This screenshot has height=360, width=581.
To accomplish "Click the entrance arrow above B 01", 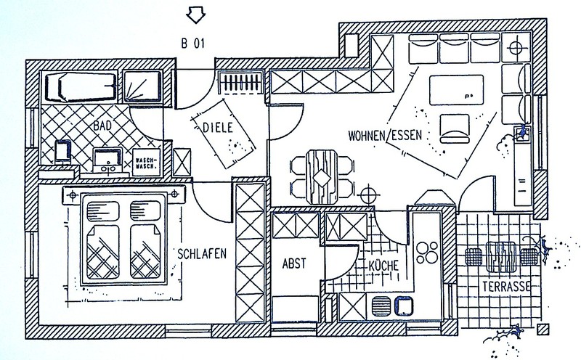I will [195, 14].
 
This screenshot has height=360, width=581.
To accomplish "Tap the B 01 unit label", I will [194, 42].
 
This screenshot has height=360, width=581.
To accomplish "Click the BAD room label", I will [102, 126].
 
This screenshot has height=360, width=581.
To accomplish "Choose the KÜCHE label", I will [382, 266].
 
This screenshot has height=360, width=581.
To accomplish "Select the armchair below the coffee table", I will [455, 127].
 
